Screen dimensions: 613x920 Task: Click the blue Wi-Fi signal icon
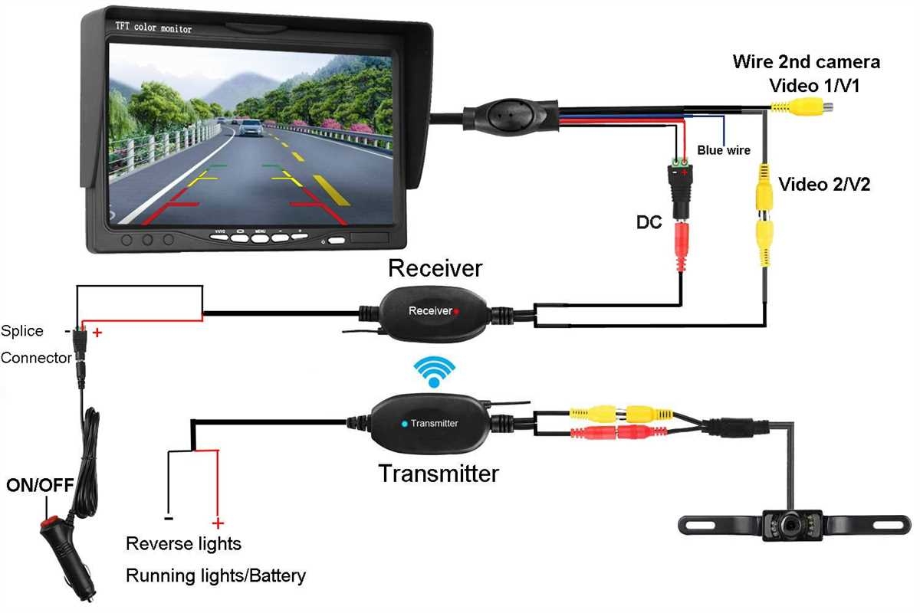click(x=434, y=371)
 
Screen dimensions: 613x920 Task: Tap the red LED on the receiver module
click(x=456, y=311)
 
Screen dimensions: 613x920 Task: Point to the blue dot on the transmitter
click(x=404, y=423)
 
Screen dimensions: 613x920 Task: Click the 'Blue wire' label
click(x=724, y=150)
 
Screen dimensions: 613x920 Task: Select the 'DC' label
click(x=649, y=222)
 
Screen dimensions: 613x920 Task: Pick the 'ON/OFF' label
click(x=39, y=485)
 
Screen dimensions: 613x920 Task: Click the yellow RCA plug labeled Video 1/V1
click(x=805, y=107)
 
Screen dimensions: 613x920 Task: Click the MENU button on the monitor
click(x=261, y=237)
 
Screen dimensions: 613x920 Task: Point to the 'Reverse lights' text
click(x=183, y=544)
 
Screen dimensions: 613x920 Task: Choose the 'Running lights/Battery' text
click(x=215, y=575)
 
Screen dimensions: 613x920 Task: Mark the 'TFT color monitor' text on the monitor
click(x=154, y=29)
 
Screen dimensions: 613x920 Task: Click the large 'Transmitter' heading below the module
click(x=438, y=474)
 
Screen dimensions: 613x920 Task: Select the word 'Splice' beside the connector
click(x=22, y=331)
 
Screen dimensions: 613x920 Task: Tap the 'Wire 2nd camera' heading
click(x=806, y=62)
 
